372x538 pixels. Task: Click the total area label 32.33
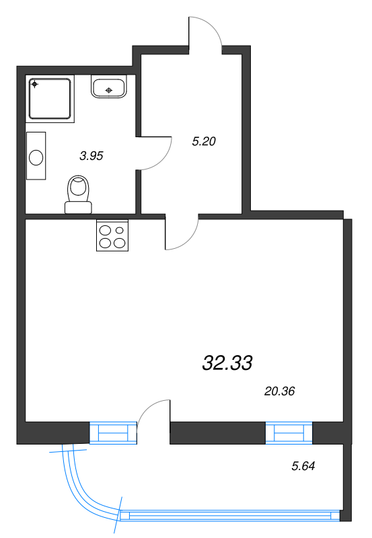click(x=227, y=363)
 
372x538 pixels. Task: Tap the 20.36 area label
click(x=279, y=391)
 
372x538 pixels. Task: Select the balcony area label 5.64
click(x=303, y=466)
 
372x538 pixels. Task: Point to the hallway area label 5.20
click(x=204, y=141)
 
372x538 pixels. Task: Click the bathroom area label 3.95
click(x=91, y=156)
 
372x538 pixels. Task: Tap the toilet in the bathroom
click(x=79, y=194)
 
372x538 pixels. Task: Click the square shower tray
click(x=50, y=99)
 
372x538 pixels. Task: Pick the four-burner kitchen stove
click(x=112, y=235)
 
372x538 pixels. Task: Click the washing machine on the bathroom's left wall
click(x=36, y=156)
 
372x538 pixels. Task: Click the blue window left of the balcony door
click(x=113, y=432)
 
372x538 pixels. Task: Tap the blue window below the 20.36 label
click(x=289, y=433)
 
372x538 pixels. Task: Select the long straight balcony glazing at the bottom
click(x=230, y=516)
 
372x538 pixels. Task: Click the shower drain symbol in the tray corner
click(x=34, y=83)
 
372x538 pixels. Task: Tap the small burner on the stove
click(x=120, y=230)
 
